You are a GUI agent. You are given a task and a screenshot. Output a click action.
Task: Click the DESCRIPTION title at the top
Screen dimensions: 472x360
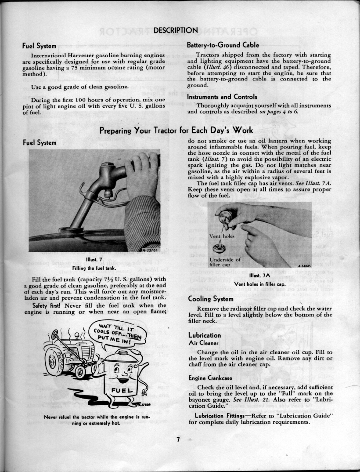point(176,30)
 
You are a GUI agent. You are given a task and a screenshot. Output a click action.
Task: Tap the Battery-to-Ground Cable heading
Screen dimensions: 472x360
point(223,45)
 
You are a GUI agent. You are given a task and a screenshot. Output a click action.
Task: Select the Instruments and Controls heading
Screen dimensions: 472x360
point(222,97)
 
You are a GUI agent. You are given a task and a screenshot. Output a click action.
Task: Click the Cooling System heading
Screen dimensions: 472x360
point(211,299)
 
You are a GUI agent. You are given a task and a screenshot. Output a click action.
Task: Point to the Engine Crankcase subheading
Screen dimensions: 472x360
point(210,378)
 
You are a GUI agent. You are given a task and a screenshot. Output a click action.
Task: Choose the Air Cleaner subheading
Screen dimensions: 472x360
point(200,343)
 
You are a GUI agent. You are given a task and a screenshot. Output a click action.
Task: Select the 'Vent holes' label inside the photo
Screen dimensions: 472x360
point(222,236)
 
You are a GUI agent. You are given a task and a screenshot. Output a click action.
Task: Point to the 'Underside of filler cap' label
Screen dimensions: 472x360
point(225,262)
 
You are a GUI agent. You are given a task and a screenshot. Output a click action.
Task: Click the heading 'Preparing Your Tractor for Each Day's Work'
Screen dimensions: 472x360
point(176,131)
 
